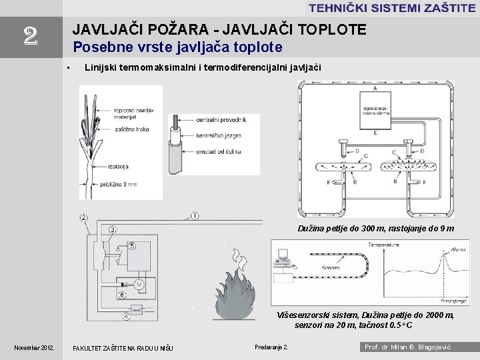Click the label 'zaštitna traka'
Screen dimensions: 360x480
[131, 129]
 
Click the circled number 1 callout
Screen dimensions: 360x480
[195, 215]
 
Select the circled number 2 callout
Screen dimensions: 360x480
[83, 217]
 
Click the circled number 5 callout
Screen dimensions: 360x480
[132, 246]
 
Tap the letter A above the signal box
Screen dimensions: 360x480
[375, 88]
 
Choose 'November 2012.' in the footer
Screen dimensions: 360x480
[35, 347]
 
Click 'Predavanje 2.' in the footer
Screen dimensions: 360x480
[272, 347]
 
